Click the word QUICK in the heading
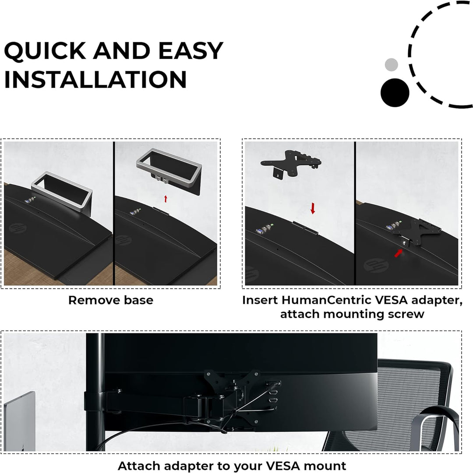pos(45,51)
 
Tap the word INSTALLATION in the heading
pos(95,79)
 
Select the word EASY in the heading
pos(191,51)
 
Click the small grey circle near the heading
pos(391,65)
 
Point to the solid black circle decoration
pos(395,93)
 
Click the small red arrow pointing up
pos(166,199)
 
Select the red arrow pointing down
pos(313,208)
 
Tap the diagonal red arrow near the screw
pos(399,253)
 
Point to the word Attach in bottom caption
pos(139,466)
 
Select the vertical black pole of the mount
pos(95,392)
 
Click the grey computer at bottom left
pos(20,422)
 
